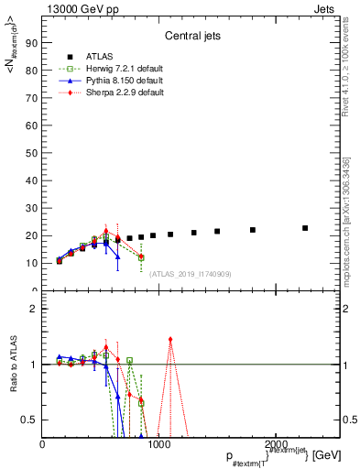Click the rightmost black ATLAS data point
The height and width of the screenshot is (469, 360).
[305, 228]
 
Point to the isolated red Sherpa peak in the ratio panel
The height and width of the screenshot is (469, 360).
[170, 340]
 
